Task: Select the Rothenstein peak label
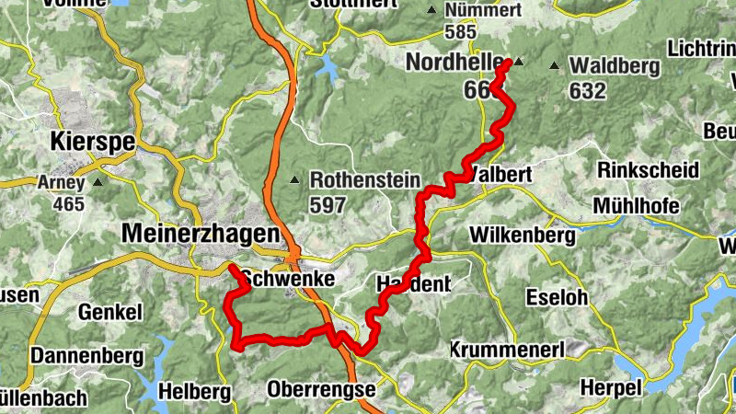[x=365, y=180]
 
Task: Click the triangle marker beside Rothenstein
[x=295, y=180]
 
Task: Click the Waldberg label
[x=615, y=66]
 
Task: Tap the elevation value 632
[x=588, y=91]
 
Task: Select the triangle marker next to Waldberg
[x=554, y=65]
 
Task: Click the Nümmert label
[x=483, y=10]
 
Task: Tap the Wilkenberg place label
[x=523, y=236]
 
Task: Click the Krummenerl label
[x=506, y=350]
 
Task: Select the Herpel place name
[x=612, y=388]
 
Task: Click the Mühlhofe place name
[x=637, y=205]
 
